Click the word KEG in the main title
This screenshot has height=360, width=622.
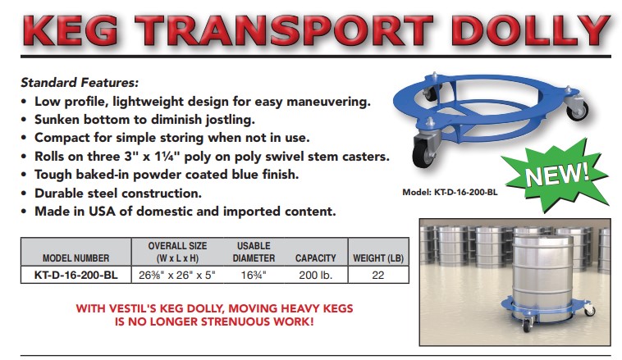(71, 30)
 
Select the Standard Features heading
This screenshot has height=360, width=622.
(80, 83)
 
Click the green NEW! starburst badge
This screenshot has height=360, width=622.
(556, 173)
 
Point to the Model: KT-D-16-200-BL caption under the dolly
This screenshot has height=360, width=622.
(450, 192)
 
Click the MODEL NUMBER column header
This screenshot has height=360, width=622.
(75, 258)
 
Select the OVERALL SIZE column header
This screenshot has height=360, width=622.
(177, 252)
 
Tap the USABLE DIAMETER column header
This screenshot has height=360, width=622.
(254, 252)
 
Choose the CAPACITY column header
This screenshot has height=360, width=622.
(315, 258)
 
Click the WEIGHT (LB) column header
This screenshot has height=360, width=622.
(378, 258)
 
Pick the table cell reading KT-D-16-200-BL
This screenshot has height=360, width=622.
(75, 275)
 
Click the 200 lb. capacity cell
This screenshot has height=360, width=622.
(315, 275)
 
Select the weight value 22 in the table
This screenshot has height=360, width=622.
(378, 275)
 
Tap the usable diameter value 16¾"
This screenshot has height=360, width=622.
(254, 275)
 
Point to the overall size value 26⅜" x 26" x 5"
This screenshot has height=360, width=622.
(177, 275)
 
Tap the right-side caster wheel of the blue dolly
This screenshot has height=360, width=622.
(578, 111)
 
